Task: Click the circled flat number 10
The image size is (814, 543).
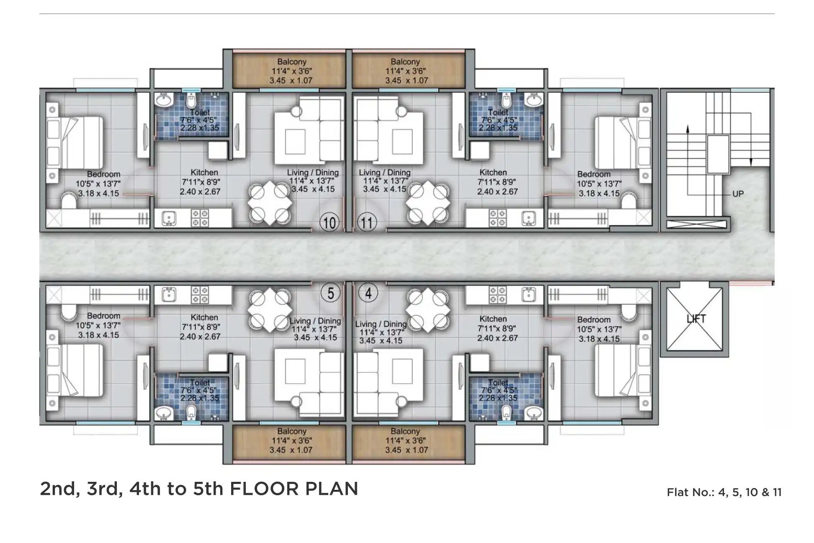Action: click(x=330, y=222)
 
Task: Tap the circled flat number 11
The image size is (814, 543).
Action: click(x=367, y=222)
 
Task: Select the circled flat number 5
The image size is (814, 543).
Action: click(x=330, y=293)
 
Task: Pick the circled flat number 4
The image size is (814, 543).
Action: click(x=368, y=293)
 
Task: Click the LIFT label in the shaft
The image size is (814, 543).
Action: click(x=696, y=319)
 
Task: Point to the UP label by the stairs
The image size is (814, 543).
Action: click(x=738, y=194)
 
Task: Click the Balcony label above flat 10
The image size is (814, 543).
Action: click(x=292, y=62)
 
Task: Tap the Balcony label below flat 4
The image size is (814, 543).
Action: click(x=405, y=431)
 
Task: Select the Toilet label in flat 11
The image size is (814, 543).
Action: click(x=498, y=112)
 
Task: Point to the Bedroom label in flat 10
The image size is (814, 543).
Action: click(x=103, y=174)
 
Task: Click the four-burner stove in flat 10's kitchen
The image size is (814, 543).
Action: click(x=200, y=218)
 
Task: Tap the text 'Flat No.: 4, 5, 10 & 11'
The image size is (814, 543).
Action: click(x=724, y=492)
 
